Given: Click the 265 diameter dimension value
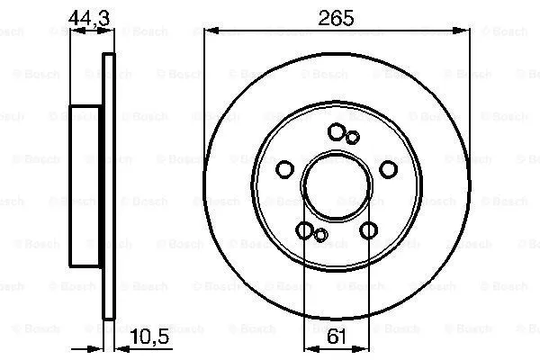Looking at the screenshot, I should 337,17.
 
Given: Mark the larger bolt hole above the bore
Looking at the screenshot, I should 337,132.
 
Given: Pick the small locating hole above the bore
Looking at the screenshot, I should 353,137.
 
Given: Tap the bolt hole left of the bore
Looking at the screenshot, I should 285,169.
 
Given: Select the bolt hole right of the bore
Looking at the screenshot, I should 388,169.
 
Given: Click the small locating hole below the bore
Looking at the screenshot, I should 320,235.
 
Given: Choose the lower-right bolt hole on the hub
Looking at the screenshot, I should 368,230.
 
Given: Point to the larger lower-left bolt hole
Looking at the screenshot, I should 305,230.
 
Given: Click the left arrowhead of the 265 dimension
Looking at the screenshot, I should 210,31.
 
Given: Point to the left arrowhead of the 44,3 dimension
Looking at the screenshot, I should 75,31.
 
